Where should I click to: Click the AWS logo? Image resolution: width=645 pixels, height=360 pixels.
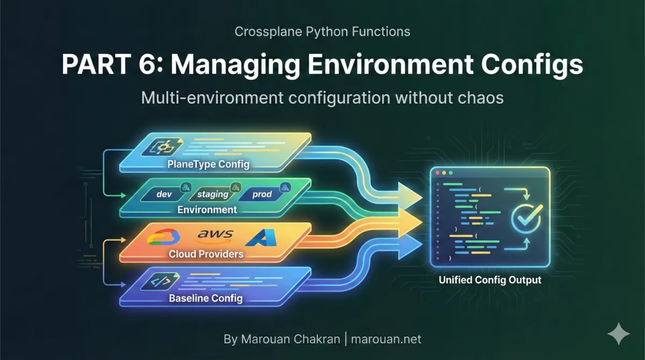pos(215,235)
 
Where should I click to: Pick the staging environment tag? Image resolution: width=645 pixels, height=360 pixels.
pos(213,194)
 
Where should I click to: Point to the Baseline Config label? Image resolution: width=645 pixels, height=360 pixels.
pos(206,298)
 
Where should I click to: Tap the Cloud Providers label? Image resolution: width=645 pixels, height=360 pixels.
pos(206,254)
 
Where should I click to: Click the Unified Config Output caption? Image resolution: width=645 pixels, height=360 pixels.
pos(490,280)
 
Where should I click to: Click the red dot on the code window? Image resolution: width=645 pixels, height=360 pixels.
pos(438,174)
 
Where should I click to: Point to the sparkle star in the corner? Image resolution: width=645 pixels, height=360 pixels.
pos(618,334)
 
